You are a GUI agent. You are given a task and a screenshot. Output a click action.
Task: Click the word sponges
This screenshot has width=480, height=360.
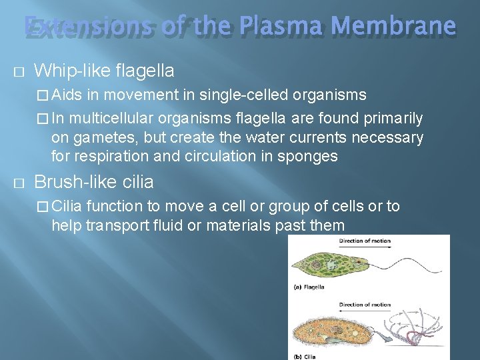coord(314,157)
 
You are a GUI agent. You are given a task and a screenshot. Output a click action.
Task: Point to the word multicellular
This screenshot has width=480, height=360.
coord(107,119)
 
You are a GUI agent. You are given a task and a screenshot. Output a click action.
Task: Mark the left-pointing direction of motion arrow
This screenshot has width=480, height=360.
coord(364,312)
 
